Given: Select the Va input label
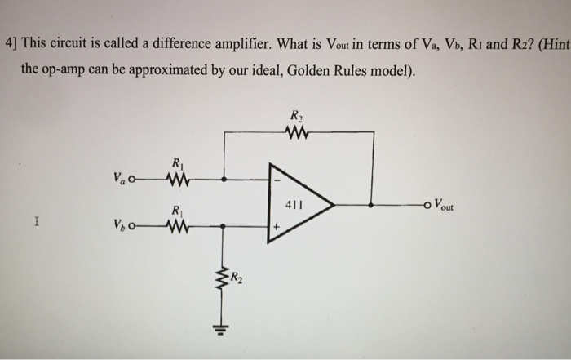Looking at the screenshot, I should click(x=122, y=177).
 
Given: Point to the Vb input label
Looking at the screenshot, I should click(x=122, y=226).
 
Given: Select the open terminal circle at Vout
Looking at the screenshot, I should click(x=429, y=206).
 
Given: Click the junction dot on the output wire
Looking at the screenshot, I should click(x=372, y=206).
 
